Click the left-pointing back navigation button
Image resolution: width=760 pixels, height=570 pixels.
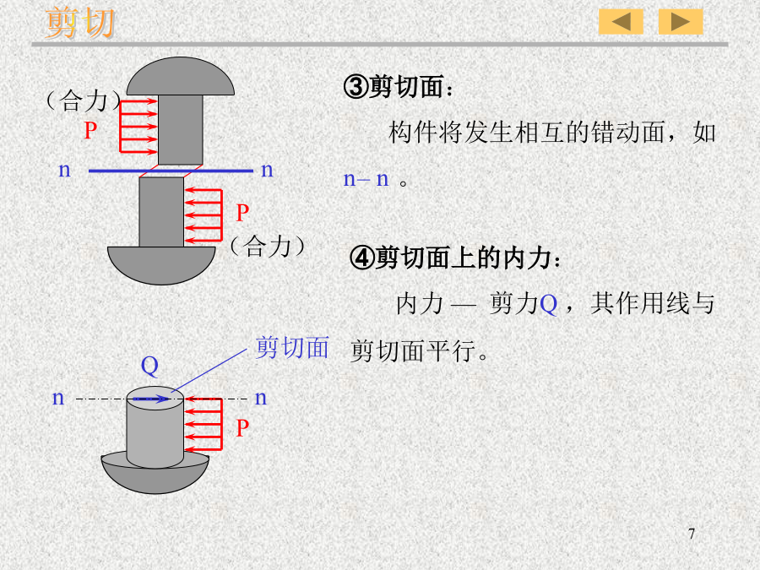[621, 22]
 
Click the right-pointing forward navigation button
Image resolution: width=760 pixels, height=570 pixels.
[681, 22]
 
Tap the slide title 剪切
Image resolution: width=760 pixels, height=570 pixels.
[80, 23]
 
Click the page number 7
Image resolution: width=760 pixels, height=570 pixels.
[692, 534]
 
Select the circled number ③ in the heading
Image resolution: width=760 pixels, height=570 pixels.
[356, 87]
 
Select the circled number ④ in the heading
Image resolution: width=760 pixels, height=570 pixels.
[362, 258]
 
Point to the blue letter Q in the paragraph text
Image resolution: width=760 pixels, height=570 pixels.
[548, 304]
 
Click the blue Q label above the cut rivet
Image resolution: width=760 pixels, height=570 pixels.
[149, 366]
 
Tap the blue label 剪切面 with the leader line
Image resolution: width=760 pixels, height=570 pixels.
[292, 348]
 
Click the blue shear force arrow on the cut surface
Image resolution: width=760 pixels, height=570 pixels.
[151, 399]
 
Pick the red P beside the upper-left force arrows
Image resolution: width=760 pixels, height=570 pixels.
[90, 130]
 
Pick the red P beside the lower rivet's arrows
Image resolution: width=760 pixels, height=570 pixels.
[242, 428]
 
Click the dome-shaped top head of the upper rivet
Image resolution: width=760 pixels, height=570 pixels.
[181, 77]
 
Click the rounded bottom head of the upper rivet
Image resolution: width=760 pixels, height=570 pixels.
[161, 265]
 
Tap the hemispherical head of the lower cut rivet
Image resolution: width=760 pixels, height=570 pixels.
[155, 477]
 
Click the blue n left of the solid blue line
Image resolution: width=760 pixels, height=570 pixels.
[64, 170]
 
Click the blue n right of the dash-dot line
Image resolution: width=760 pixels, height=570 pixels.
[261, 398]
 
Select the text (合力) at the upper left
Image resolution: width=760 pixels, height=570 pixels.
[84, 100]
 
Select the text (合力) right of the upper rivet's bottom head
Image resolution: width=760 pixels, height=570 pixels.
[267, 247]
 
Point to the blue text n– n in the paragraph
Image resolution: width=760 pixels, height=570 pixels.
[366, 179]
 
